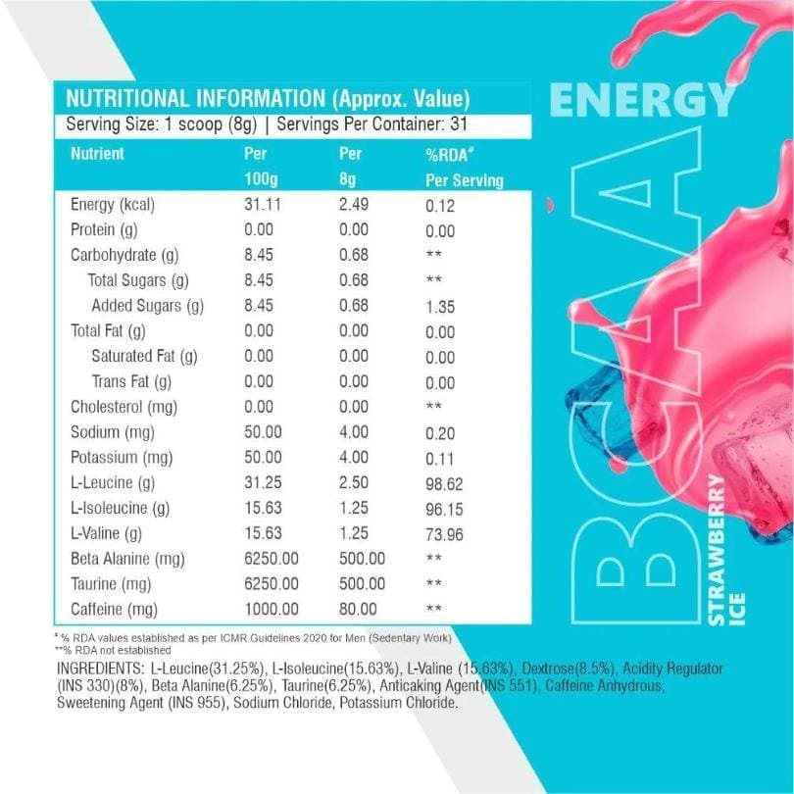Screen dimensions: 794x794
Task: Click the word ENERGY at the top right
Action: (x=642, y=99)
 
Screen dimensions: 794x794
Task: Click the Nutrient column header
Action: (x=97, y=154)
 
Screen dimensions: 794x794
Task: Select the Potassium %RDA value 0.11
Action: (x=440, y=458)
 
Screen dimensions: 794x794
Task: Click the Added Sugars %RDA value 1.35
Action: (x=440, y=307)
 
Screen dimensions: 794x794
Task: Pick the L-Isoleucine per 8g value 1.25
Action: (x=354, y=508)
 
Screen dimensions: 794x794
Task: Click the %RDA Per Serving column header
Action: (x=464, y=168)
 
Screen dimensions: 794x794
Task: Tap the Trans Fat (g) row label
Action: (x=132, y=381)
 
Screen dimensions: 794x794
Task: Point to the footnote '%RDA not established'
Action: (x=115, y=649)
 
